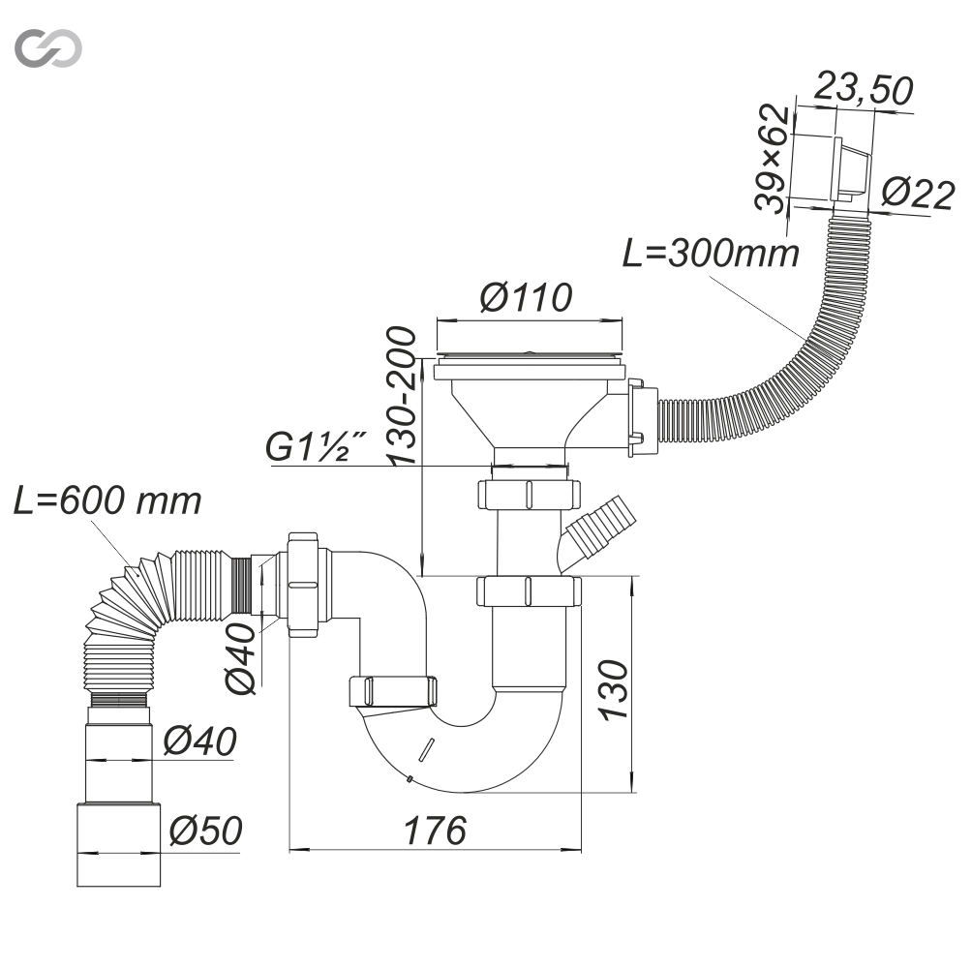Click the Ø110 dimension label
tap(526, 297)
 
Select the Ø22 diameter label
tap(918, 194)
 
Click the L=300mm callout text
tap(710, 253)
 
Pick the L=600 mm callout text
tap(108, 500)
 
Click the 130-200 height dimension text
tap(401, 395)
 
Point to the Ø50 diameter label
tap(203, 831)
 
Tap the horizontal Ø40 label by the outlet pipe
tap(198, 741)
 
